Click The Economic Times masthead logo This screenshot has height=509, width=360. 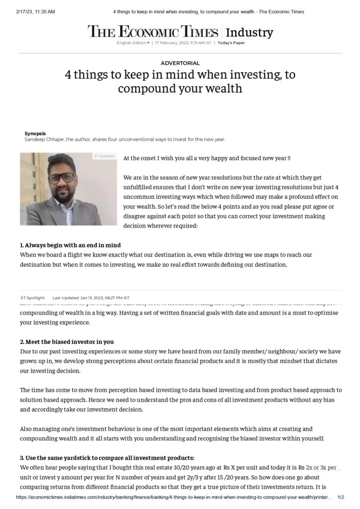153,32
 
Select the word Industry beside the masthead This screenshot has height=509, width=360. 249,33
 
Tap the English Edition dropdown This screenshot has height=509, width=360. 133,43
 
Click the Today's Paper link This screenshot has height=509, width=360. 231,43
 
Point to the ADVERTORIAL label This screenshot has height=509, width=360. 180,63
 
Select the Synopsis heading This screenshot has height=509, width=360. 35,133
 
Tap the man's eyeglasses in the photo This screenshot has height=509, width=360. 62,176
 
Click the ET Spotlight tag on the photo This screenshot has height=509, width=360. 104,157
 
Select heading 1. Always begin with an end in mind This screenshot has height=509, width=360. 70,245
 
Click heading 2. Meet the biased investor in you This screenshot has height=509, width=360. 67,341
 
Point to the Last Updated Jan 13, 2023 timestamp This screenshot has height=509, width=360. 91,298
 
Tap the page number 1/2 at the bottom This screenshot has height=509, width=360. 341,497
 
